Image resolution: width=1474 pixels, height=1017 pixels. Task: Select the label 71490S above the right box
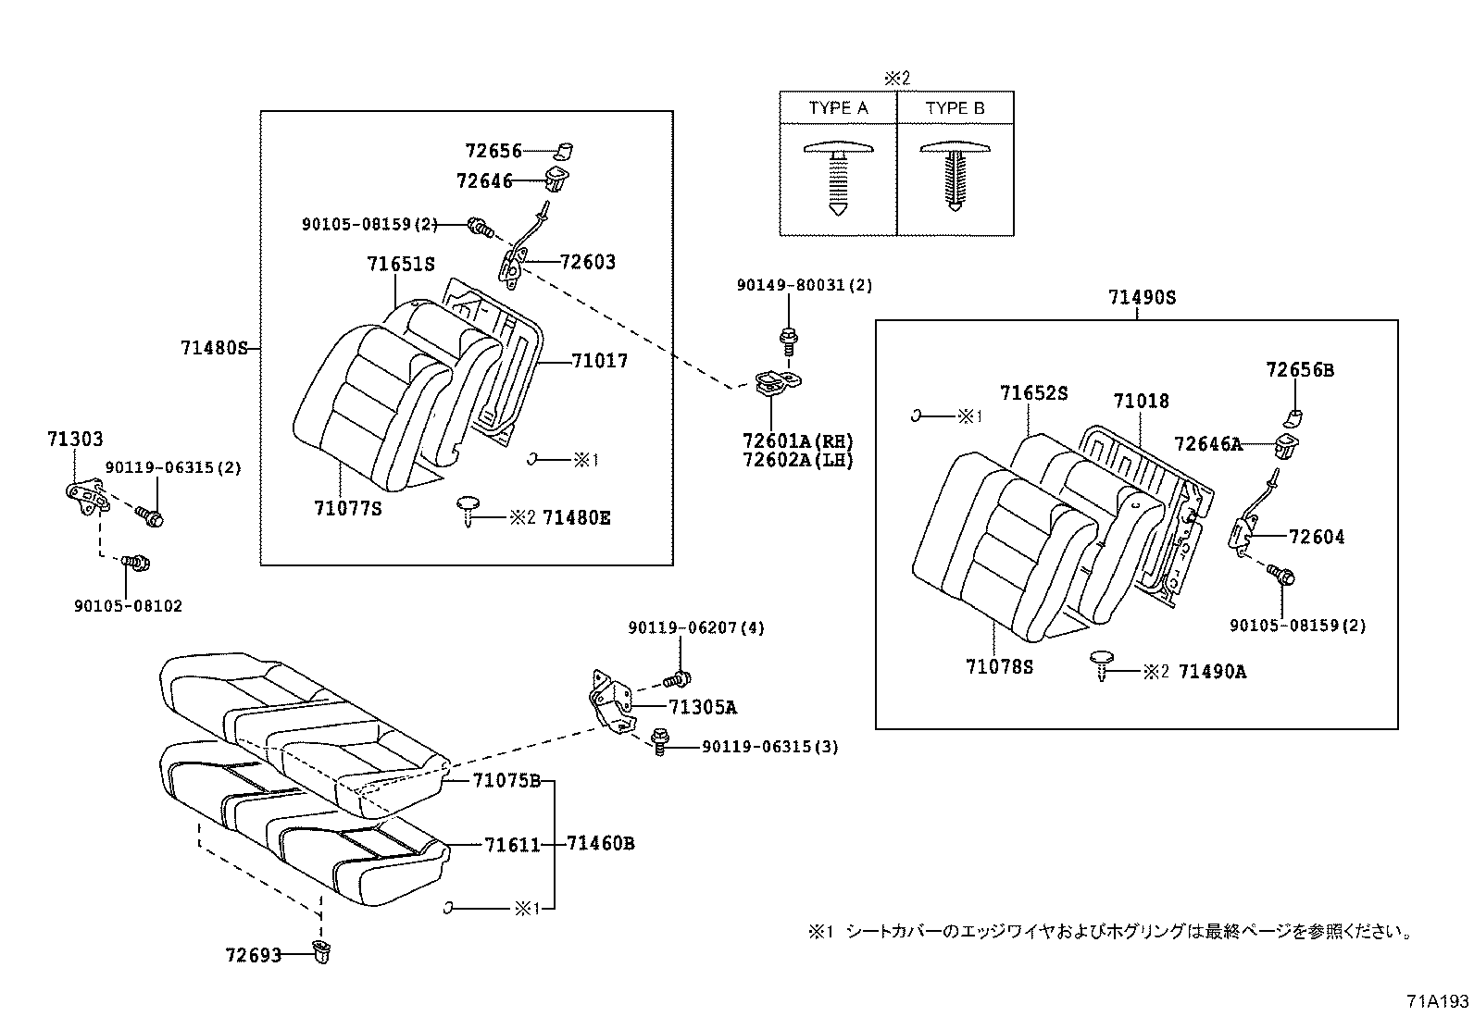[x=1142, y=297]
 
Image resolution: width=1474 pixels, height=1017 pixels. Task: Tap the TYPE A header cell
[x=838, y=108]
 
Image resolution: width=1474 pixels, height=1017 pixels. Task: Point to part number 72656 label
[x=493, y=150]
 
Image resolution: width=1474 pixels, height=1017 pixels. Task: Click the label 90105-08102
[x=128, y=606]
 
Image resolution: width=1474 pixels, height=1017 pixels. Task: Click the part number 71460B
[x=600, y=843]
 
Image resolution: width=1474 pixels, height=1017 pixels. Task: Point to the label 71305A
[x=703, y=708]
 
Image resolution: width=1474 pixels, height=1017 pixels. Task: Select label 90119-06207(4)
[x=696, y=627]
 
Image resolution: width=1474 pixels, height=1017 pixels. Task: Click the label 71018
[x=1141, y=401]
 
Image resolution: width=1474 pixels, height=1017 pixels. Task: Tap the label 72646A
[x=1207, y=444]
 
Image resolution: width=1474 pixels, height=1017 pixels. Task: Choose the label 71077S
[x=347, y=508]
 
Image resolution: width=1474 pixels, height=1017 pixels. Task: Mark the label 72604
[x=1317, y=537]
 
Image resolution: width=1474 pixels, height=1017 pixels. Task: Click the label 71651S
[x=400, y=264]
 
